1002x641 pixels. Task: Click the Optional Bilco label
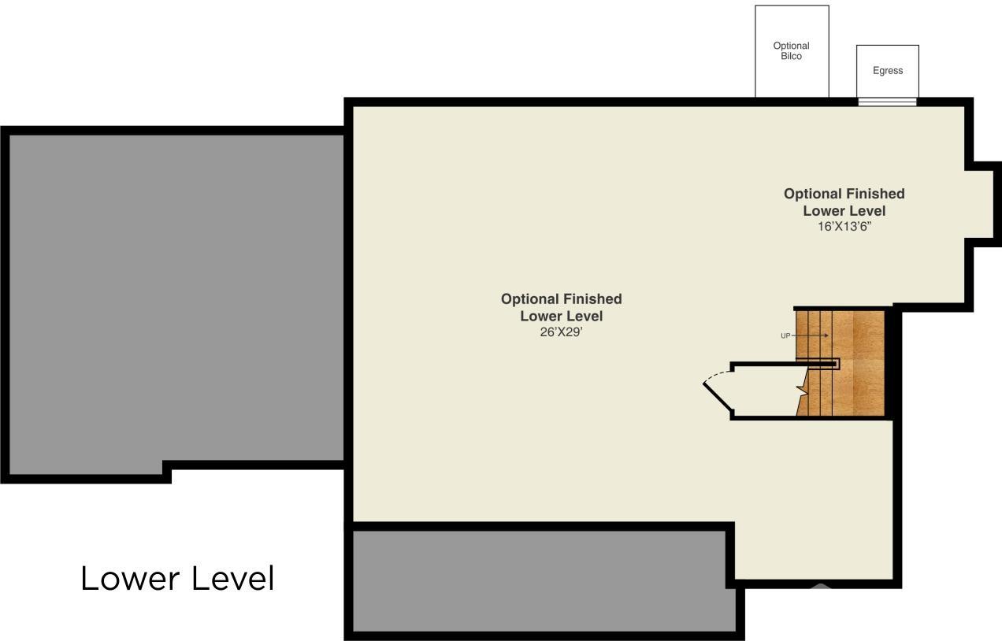[791, 51]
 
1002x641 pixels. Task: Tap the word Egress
[888, 71]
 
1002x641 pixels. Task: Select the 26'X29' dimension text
[561, 332]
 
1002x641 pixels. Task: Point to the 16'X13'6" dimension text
[844, 227]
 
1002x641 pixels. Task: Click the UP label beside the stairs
[785, 336]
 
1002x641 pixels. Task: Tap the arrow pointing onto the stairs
[810, 335]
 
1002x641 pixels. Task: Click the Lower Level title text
[177, 579]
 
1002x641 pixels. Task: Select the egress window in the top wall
[888, 102]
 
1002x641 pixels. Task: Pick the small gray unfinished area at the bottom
[544, 581]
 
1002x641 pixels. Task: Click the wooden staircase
[840, 363]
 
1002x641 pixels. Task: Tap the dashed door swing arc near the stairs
[716, 376]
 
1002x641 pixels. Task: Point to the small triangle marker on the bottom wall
[819, 586]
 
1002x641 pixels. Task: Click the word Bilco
[791, 56]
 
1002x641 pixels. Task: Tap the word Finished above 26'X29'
[592, 298]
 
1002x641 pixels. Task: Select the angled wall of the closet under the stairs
[718, 396]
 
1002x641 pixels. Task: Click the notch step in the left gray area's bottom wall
[167, 472]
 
